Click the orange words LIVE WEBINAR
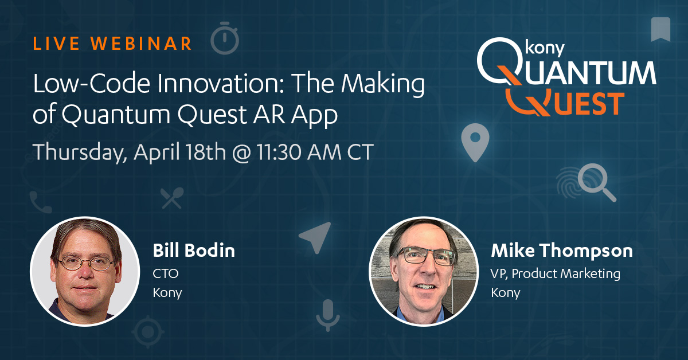112,44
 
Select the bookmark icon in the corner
660,29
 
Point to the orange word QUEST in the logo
565,103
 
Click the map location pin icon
475,143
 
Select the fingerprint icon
570,182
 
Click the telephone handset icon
41,202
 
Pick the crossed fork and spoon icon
173,198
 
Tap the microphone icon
328,315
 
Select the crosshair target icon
148,332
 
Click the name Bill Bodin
194,251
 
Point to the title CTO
166,273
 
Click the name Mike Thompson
562,251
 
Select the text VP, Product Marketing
556,274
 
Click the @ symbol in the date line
241,152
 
